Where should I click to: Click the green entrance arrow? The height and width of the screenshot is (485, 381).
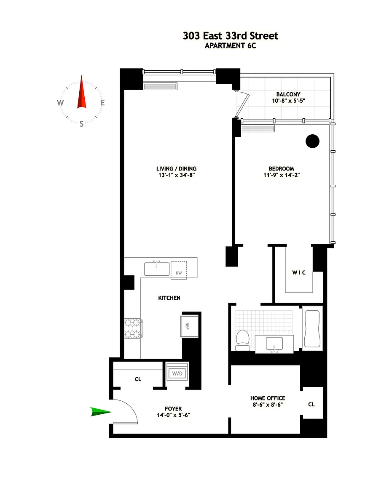pos(101,412)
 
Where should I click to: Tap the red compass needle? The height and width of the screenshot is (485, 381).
pos(81,92)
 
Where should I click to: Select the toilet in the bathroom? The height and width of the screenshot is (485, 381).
pos(243,340)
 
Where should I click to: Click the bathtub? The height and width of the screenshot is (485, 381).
pos(312,328)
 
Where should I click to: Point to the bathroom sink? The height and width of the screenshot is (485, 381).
pos(274,344)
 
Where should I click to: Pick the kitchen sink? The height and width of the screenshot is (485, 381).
pos(157,269)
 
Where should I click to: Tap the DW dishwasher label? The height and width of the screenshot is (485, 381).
pos(179,273)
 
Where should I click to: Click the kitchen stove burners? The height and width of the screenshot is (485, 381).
pos(132,328)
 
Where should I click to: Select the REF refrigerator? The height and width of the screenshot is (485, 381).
pos(189,326)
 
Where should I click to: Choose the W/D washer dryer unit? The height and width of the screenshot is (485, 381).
pos(177,373)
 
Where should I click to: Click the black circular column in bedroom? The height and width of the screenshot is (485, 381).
pos(312,141)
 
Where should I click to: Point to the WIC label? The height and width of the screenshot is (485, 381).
pos(299,272)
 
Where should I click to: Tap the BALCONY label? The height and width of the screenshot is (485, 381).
pos(288,94)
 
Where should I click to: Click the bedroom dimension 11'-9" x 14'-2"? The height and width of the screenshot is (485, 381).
pos(282,175)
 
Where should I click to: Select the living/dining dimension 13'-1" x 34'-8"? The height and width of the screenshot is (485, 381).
pos(177,175)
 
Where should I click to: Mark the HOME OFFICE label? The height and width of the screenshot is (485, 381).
pos(268,398)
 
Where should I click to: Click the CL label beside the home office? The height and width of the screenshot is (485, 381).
pos(311,404)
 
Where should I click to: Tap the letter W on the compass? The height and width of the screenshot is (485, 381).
pos(60,103)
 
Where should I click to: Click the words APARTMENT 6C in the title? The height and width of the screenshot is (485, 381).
pos(231,46)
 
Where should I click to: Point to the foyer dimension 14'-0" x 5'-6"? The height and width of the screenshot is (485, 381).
pos(174,415)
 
